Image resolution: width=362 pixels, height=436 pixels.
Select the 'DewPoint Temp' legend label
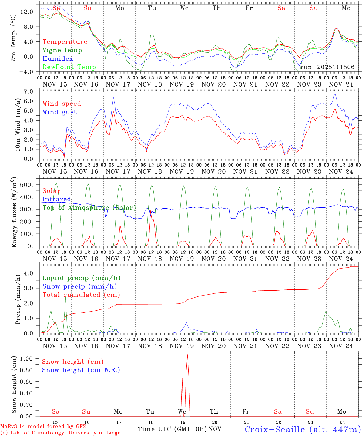(x=69, y=67)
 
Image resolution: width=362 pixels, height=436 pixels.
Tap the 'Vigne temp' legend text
(x=62, y=50)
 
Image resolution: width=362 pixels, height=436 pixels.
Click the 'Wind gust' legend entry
(x=59, y=112)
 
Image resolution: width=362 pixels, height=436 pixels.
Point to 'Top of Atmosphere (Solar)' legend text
(x=89, y=208)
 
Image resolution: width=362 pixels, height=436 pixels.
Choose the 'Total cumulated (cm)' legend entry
(x=81, y=295)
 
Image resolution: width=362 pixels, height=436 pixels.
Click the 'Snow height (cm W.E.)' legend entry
(x=81, y=370)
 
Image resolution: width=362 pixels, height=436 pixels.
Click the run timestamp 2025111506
(x=327, y=67)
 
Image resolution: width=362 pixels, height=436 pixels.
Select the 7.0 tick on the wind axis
(x=29, y=91)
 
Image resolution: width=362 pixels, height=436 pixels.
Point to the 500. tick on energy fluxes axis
(x=26, y=185)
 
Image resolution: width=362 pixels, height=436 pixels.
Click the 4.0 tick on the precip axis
(x=29, y=273)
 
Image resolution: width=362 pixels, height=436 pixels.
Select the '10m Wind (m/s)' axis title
(x=18, y=124)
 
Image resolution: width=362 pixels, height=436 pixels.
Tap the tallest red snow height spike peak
(x=187, y=355)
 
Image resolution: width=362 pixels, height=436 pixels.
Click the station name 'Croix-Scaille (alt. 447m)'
(x=303, y=429)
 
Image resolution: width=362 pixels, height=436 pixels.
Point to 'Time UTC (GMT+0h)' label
(x=172, y=429)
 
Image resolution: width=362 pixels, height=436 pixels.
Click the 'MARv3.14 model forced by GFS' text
(x=43, y=427)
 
